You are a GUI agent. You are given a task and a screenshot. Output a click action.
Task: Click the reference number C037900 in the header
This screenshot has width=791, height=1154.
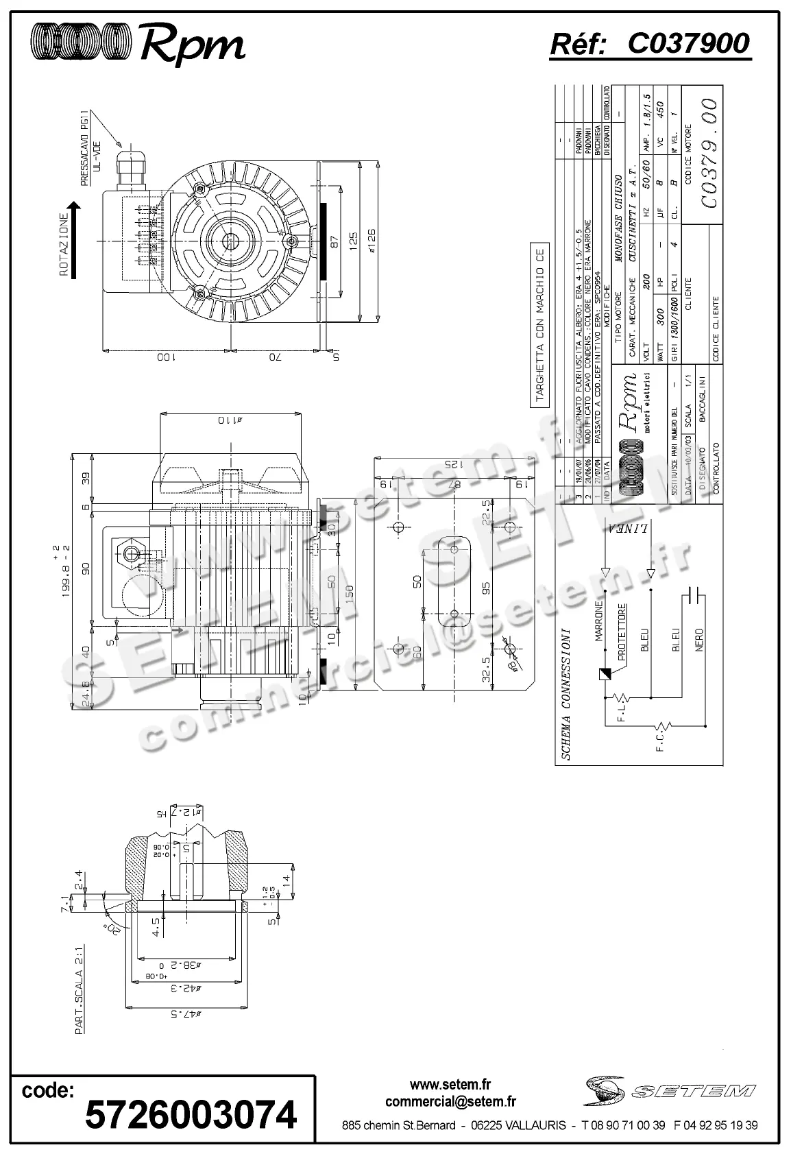point(688,44)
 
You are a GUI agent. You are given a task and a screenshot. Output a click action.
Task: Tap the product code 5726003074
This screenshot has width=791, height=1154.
point(191,1114)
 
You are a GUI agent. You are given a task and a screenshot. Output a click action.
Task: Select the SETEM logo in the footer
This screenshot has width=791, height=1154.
point(668,1090)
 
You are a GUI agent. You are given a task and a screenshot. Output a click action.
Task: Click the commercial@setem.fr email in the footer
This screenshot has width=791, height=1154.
point(450,1102)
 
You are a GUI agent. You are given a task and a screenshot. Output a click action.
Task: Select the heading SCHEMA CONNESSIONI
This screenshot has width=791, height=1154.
point(566,693)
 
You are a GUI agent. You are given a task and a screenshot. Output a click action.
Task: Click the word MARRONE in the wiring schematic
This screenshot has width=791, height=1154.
point(598,621)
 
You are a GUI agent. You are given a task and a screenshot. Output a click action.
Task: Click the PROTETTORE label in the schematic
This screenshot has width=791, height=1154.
point(622,632)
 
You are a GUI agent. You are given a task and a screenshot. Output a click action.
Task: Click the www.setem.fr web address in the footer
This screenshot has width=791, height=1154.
point(450,1084)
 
